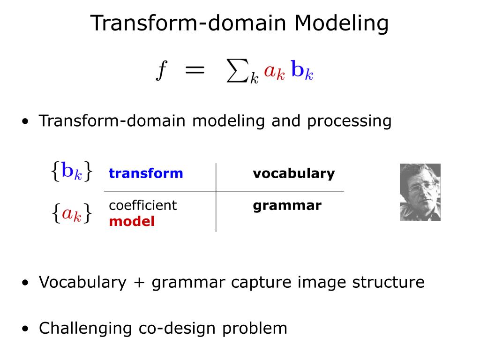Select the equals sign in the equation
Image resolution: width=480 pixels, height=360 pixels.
tap(194, 70)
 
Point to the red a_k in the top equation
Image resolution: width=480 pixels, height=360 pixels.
tap(274, 71)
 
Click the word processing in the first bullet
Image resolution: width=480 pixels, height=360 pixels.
tap(349, 121)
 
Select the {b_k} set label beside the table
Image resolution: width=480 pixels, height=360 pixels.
tap(72, 172)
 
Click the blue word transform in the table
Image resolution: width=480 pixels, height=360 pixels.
tap(146, 173)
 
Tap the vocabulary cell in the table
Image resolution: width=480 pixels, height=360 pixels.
tap(294, 173)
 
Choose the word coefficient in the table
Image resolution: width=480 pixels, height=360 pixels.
tap(142, 205)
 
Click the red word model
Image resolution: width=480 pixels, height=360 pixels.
tap(132, 221)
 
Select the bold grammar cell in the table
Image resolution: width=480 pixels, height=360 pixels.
tap(287, 206)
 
